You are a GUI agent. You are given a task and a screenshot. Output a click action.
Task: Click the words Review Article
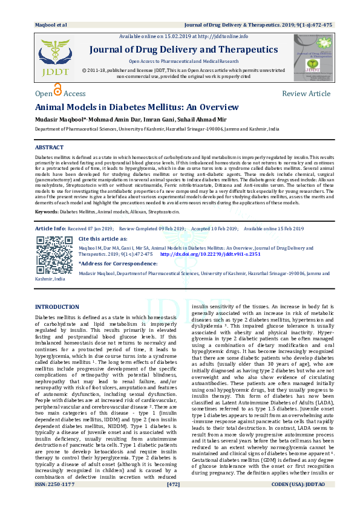[x=306, y=94]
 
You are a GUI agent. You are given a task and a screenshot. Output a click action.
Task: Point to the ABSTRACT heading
[x=49, y=148]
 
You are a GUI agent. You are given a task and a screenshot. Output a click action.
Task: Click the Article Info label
[x=51, y=229]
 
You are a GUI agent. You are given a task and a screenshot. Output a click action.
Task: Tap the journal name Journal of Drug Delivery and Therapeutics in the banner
[x=184, y=50]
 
